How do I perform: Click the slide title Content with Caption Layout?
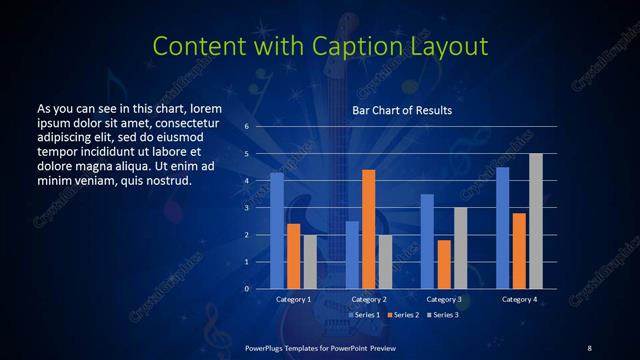click(320, 46)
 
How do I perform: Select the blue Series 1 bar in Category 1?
click(277, 231)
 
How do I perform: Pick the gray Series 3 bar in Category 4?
click(536, 221)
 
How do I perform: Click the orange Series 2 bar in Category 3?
click(444, 264)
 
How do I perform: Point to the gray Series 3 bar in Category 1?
click(310, 262)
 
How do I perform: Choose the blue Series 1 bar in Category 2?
click(352, 255)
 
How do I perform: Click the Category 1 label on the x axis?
click(294, 299)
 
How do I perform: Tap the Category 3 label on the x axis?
click(444, 299)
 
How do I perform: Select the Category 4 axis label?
click(519, 299)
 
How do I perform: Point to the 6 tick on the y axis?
click(247, 127)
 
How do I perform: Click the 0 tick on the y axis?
click(247, 289)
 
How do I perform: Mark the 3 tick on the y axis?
click(247, 208)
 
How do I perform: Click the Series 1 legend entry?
click(366, 315)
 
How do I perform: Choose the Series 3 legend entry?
click(442, 315)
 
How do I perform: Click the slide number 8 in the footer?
click(589, 347)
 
